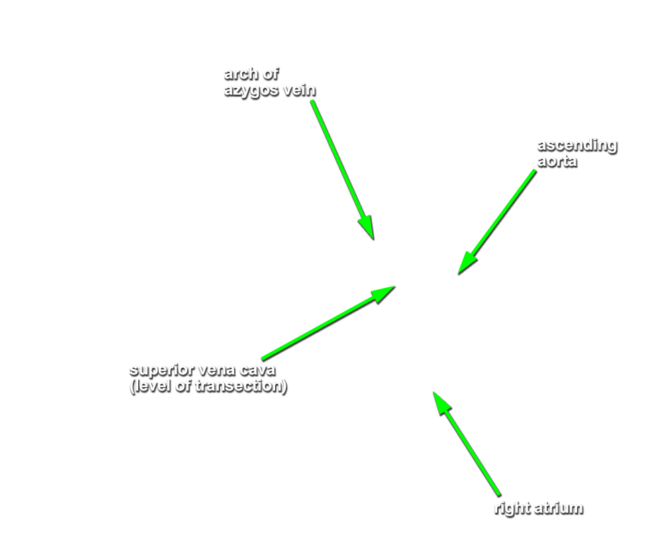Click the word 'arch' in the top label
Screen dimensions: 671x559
(241, 74)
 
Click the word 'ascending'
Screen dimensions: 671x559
(577, 146)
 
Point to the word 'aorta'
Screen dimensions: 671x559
(557, 162)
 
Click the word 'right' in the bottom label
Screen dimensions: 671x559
(511, 509)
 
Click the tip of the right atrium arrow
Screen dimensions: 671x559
(433, 392)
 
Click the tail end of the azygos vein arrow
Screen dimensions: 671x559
(313, 101)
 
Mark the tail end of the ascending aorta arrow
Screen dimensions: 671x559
(535, 170)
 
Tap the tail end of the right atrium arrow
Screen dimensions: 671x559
(499, 495)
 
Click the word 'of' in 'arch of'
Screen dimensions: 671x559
(270, 74)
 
